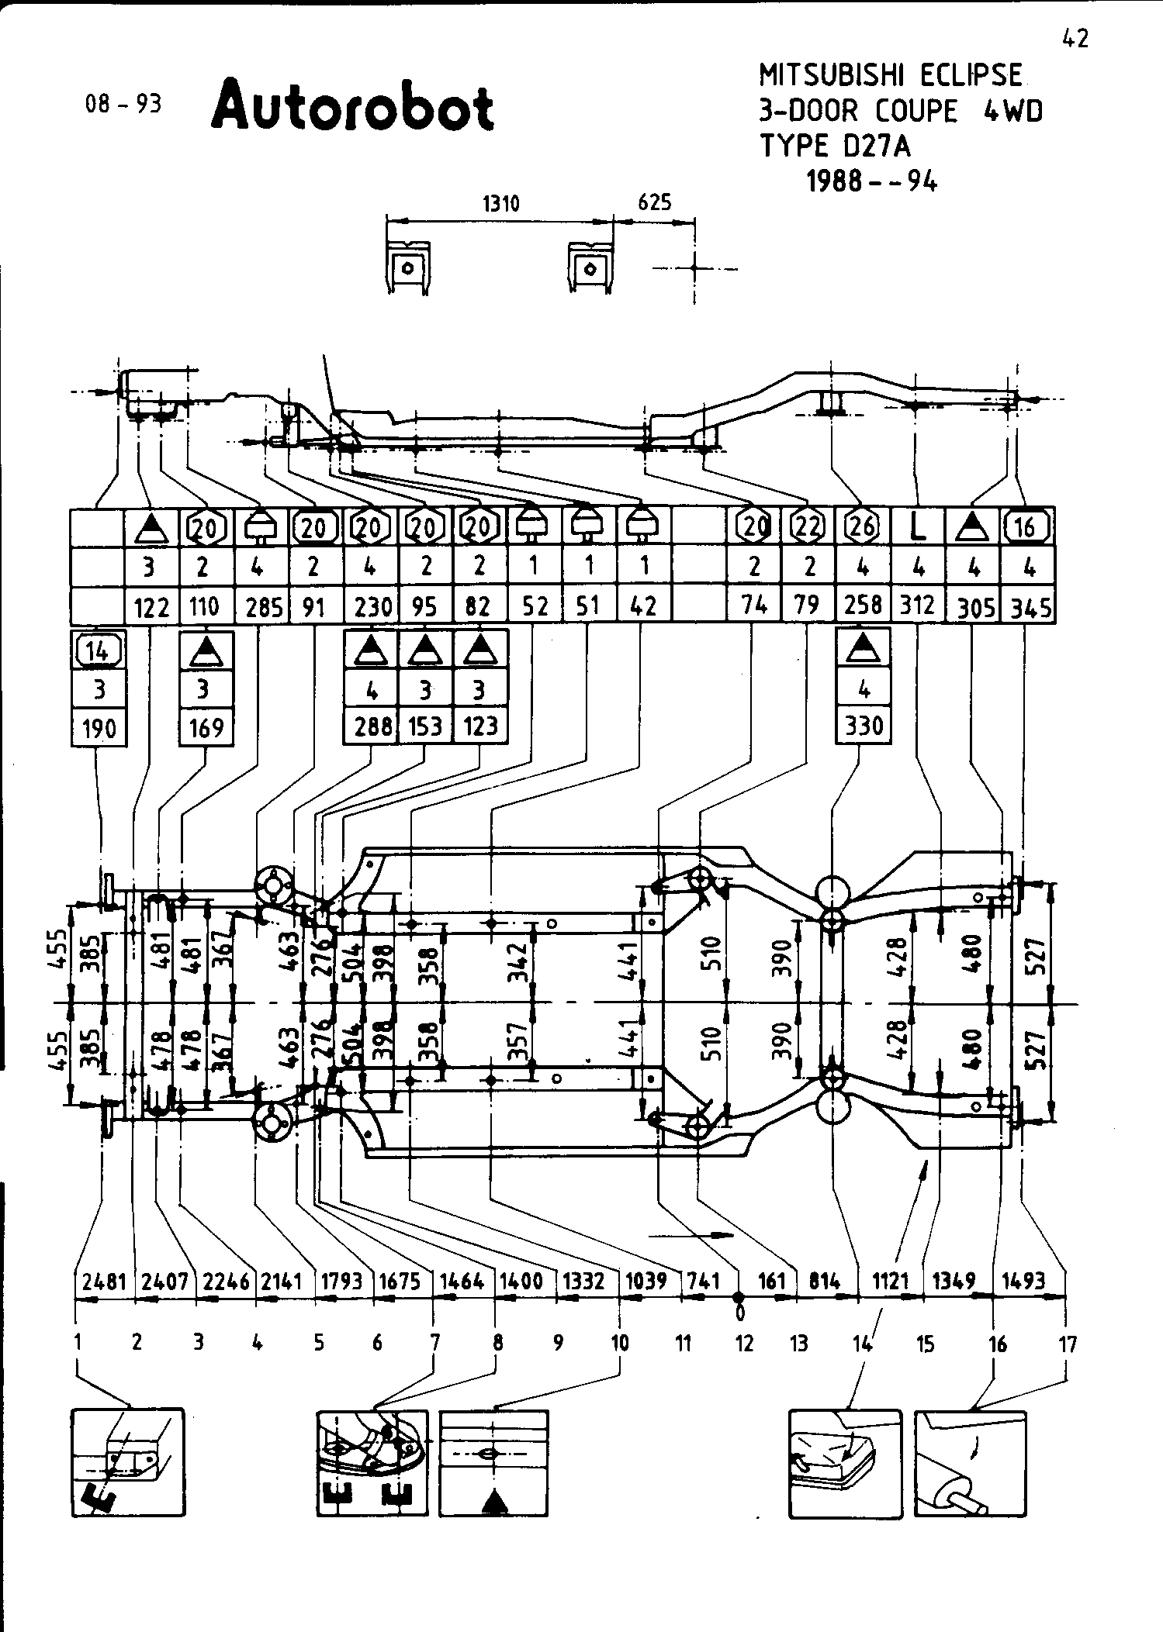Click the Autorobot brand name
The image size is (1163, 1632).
pyautogui.click(x=352, y=106)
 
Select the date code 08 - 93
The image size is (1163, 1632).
pyautogui.click(x=124, y=104)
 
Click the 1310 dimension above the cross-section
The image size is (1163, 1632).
pyautogui.click(x=500, y=204)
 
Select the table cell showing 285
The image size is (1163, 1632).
pyautogui.click(x=264, y=606)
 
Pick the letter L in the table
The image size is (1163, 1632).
pyautogui.click(x=918, y=528)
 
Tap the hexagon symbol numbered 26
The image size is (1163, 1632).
pyautogui.click(x=862, y=527)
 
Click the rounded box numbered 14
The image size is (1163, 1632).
pyautogui.click(x=98, y=650)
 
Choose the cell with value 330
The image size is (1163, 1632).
pyautogui.click(x=864, y=726)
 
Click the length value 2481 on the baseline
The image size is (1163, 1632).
pyautogui.click(x=104, y=1282)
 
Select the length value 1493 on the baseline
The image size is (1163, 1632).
pyautogui.click(x=1023, y=1282)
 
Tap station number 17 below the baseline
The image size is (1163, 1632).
pyautogui.click(x=1068, y=1344)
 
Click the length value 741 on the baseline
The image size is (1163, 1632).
pyautogui.click(x=703, y=1282)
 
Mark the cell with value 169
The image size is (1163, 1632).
pyautogui.click(x=206, y=727)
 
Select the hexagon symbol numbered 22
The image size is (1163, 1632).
pyautogui.click(x=808, y=527)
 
